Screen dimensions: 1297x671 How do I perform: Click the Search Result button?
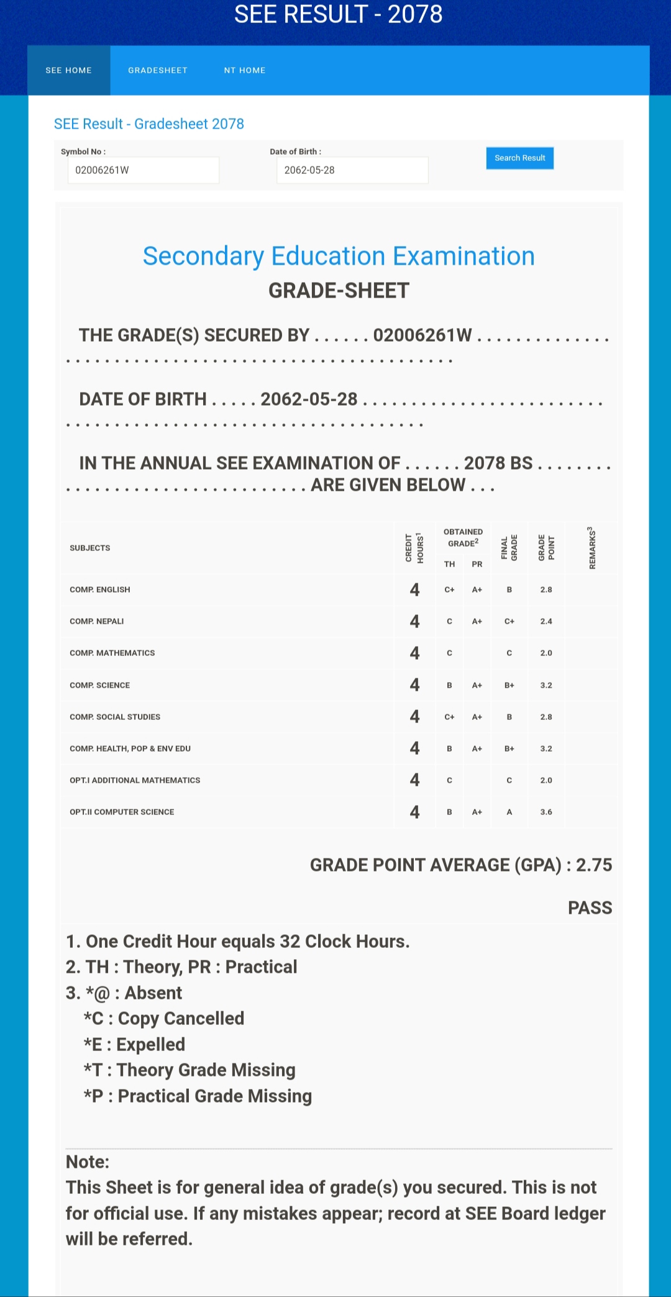[x=519, y=158]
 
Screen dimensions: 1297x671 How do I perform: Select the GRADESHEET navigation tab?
[x=158, y=70]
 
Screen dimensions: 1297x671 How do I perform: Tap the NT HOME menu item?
[x=245, y=70]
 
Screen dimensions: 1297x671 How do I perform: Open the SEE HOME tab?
[x=68, y=70]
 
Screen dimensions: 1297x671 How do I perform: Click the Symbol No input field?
[x=143, y=170]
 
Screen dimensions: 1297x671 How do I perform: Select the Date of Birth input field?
[x=352, y=170]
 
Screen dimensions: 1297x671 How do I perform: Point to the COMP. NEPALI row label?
[x=97, y=621]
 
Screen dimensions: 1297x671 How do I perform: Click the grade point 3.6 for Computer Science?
[x=546, y=812]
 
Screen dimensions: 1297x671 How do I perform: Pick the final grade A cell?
[x=509, y=812]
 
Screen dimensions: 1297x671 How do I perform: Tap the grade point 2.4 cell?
[x=546, y=621]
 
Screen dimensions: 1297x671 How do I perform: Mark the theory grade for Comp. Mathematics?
[x=449, y=653]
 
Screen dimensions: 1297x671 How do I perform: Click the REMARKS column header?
[x=591, y=548]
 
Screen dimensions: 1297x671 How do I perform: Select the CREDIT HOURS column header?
[x=414, y=548]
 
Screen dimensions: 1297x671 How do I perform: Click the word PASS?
[x=590, y=908]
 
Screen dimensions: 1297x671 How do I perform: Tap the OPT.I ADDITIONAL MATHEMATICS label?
[x=135, y=780]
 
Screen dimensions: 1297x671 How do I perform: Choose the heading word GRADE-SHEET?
[x=339, y=290]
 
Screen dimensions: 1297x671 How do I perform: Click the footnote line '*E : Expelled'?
[x=135, y=1044]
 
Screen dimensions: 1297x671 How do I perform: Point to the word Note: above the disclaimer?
[x=88, y=1162]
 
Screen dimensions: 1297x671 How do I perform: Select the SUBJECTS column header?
[x=90, y=548]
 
